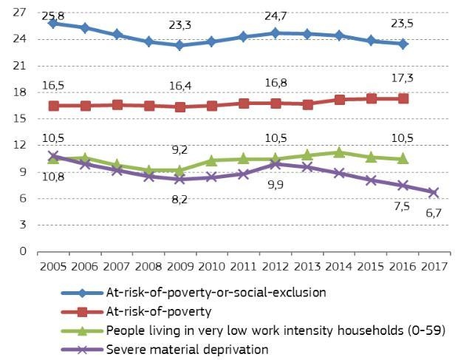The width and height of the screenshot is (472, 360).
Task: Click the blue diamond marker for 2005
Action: (x=52, y=23)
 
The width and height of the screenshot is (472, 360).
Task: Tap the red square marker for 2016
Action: (x=403, y=98)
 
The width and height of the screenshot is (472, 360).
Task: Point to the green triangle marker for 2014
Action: (x=339, y=152)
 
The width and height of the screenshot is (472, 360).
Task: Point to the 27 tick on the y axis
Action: (x=20, y=12)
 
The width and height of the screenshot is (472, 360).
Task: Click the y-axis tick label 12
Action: (x=20, y=145)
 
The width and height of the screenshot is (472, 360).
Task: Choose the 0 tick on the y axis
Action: (x=23, y=251)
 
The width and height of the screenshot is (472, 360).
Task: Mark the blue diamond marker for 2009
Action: (x=179, y=45)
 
